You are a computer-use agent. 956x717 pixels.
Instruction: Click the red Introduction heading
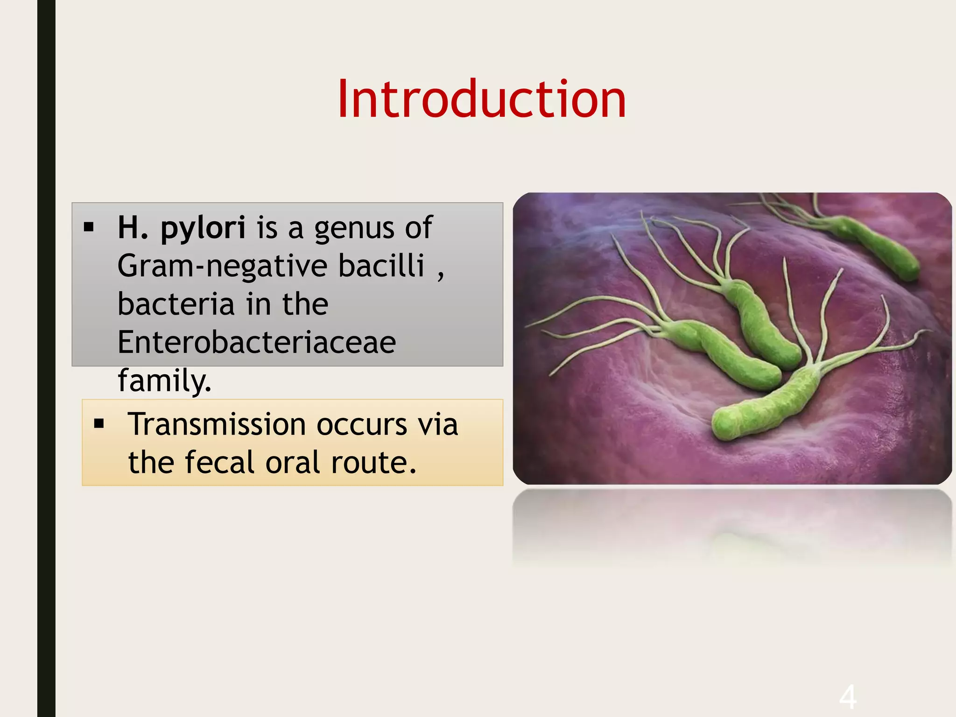[481, 99]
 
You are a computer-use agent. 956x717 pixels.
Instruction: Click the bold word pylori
[203, 229]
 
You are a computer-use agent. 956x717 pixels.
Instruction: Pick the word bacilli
[381, 265]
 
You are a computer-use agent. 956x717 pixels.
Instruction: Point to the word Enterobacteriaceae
[257, 342]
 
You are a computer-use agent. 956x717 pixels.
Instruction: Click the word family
[164, 381]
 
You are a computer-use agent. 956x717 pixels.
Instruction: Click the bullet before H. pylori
[89, 228]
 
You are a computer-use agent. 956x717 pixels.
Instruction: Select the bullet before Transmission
[99, 424]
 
